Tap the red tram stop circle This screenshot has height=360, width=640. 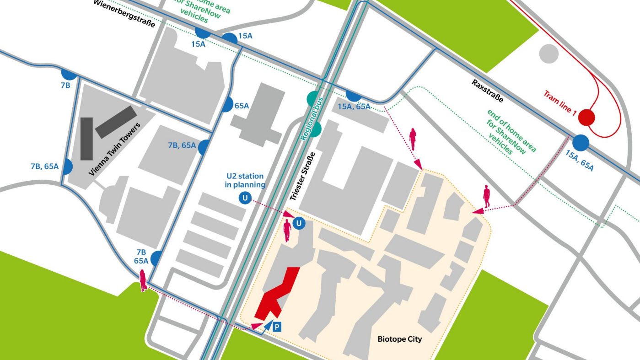pyautogui.click(x=586, y=118)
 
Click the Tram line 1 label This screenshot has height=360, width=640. pyautogui.click(x=560, y=102)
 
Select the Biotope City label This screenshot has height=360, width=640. pyautogui.click(x=399, y=339)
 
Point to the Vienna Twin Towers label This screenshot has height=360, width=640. pyautogui.click(x=114, y=149)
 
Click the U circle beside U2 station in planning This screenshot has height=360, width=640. pyautogui.click(x=244, y=198)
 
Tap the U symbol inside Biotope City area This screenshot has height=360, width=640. pyautogui.click(x=299, y=223)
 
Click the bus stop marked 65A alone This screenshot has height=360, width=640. pyautogui.click(x=226, y=105)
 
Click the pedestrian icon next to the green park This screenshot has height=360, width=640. pyautogui.click(x=143, y=280)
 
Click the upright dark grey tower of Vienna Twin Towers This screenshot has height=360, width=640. pyautogui.click(x=86, y=139)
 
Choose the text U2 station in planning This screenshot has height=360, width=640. pyautogui.click(x=245, y=180)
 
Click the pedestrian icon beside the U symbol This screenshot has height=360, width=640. pyautogui.click(x=287, y=231)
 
